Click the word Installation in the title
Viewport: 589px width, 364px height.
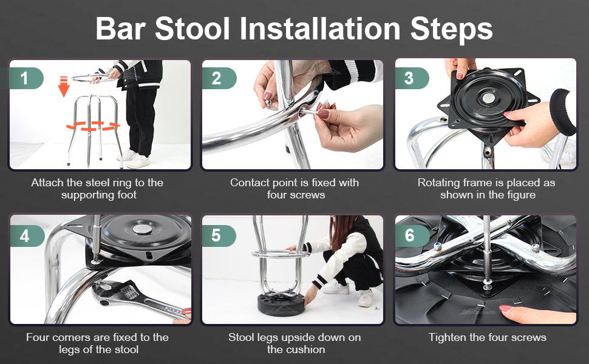click(319, 29)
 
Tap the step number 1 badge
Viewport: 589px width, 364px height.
click(26, 78)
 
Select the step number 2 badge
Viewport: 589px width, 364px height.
click(219, 78)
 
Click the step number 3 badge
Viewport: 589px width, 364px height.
click(411, 78)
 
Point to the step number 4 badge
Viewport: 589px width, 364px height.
click(27, 235)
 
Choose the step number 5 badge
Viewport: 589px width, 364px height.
click(219, 235)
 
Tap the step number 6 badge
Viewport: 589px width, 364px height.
click(412, 235)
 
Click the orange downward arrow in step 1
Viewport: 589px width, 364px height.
click(64, 86)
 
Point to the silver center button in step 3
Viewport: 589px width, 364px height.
click(488, 98)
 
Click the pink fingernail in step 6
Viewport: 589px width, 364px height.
click(506, 308)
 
